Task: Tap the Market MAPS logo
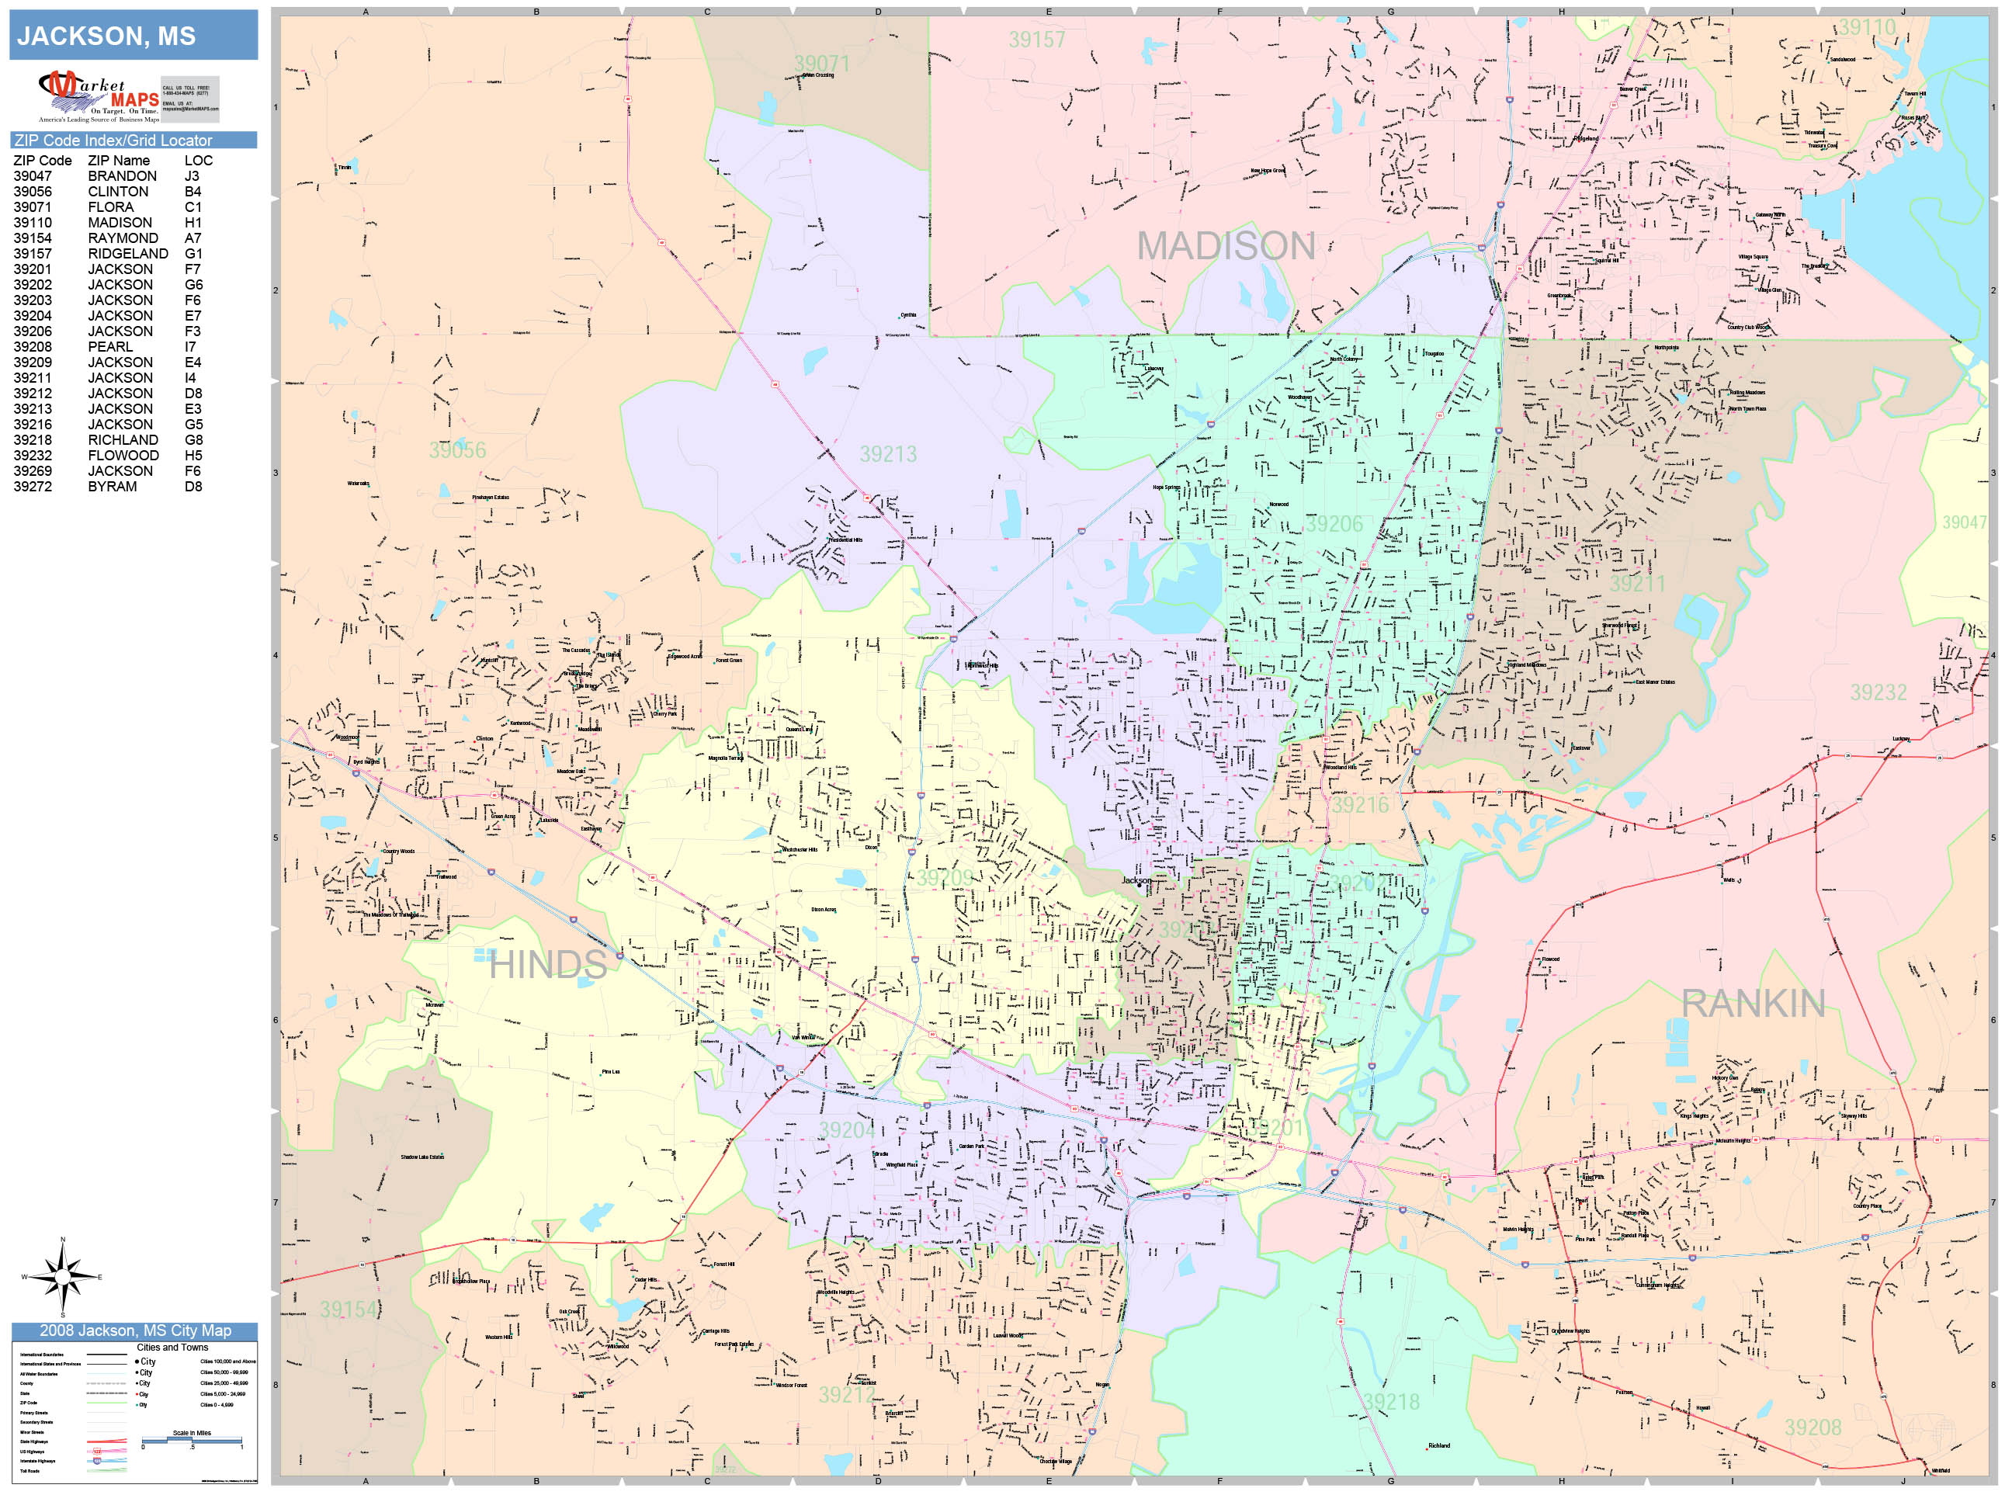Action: (x=99, y=96)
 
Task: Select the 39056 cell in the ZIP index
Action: (x=33, y=192)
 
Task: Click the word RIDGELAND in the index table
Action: (x=127, y=254)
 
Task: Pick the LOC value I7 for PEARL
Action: (x=190, y=346)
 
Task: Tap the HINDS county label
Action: (x=547, y=965)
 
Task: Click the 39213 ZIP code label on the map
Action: (x=888, y=454)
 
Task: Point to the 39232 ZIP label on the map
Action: (x=1878, y=693)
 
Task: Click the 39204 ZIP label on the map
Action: (x=847, y=1129)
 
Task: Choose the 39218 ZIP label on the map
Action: (x=1391, y=1403)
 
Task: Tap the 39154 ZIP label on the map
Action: (x=348, y=1310)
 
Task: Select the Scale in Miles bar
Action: (x=191, y=1440)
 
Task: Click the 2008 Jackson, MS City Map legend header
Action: (x=134, y=1330)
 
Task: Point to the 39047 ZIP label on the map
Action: (x=1964, y=522)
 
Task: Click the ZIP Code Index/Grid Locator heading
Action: (x=113, y=140)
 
